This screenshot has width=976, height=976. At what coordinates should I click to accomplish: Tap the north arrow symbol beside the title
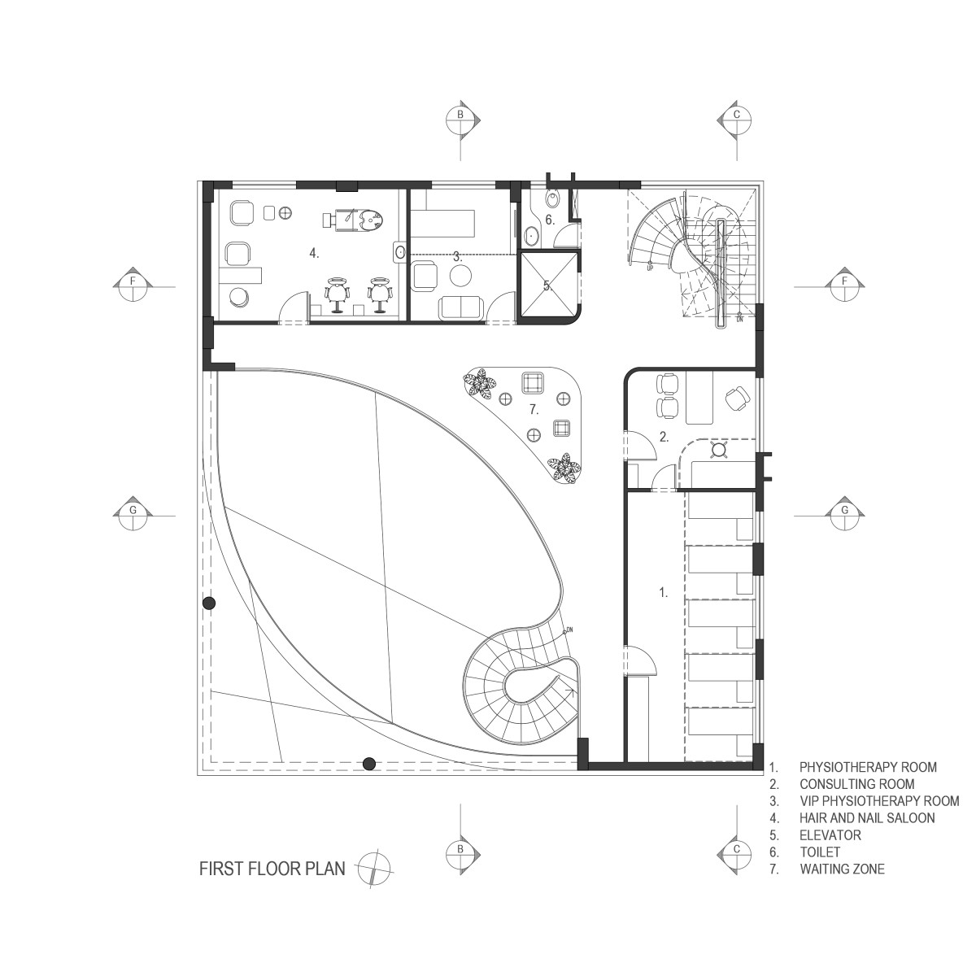tap(374, 869)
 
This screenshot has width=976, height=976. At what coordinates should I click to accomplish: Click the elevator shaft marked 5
tap(547, 285)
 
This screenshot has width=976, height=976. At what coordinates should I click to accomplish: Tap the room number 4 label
tap(315, 253)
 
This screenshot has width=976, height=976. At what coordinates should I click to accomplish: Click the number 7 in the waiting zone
tap(534, 410)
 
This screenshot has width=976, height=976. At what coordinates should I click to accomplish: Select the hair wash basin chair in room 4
tap(354, 219)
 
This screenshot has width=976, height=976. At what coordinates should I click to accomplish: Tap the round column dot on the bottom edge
tap(369, 763)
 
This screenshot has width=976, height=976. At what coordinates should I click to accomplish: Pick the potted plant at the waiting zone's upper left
tap(478, 383)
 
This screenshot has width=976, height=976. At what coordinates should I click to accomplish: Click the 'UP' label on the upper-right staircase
tap(650, 268)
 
